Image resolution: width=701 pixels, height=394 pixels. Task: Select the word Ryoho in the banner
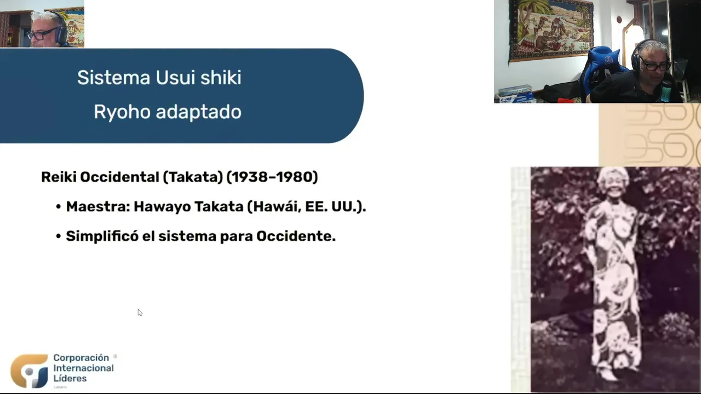point(122,112)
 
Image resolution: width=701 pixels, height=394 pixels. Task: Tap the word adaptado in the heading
point(199,112)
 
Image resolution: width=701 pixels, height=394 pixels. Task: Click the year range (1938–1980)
point(272,177)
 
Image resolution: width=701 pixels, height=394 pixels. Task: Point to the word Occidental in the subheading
point(120,177)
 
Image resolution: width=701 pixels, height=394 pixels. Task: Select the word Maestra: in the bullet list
point(98,206)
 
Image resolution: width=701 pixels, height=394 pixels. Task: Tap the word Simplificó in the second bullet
point(102,236)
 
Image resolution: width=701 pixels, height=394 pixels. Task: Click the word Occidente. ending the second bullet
point(296,236)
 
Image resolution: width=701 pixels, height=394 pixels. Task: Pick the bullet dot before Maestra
point(58,207)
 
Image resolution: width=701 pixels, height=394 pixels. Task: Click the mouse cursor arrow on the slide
point(140,312)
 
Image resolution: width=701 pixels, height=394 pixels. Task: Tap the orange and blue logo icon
point(30,371)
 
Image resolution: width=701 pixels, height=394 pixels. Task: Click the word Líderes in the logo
point(70,378)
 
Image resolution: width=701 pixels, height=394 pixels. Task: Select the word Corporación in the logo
point(81,358)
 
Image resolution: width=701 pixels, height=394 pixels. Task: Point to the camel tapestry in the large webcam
point(551,30)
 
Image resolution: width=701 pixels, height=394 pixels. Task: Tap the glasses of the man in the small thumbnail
point(42,33)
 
